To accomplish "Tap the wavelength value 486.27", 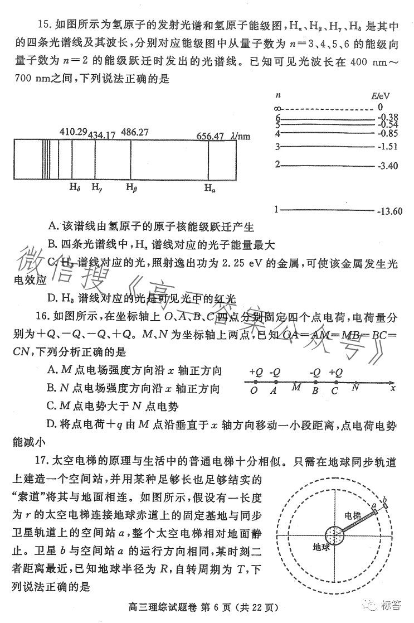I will click(x=135, y=132).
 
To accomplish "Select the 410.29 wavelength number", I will click(x=74, y=132).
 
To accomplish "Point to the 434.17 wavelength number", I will click(x=102, y=134).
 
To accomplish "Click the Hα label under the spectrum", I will click(x=210, y=189).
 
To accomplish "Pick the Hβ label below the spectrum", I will click(x=131, y=187).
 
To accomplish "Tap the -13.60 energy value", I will click(x=389, y=211).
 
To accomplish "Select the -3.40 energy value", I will click(x=387, y=166).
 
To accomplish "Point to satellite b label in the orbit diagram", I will click(x=384, y=496).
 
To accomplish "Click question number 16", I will click(x=44, y=318).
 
